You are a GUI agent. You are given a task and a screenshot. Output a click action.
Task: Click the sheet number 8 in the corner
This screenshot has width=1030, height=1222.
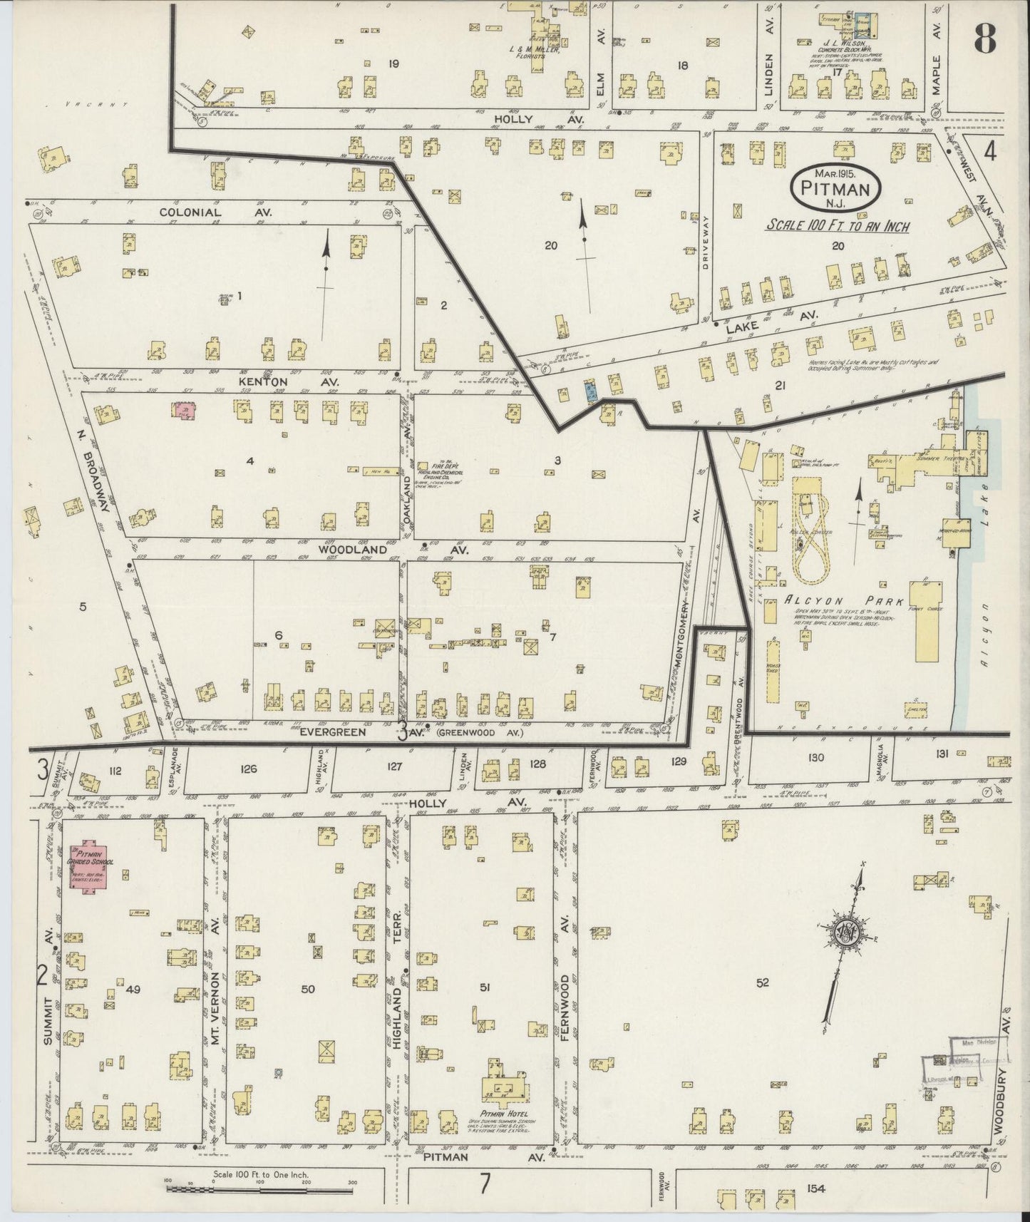pyautogui.click(x=984, y=34)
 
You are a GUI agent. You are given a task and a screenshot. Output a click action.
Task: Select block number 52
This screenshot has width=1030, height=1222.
pyautogui.click(x=763, y=982)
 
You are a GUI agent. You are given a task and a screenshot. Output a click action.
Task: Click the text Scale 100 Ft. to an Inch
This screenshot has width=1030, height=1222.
pyautogui.click(x=838, y=226)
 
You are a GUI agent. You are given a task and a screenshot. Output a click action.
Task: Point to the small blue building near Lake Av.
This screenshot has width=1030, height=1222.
pyautogui.click(x=591, y=391)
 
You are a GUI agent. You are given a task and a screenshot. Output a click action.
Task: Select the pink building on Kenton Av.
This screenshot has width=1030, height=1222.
pyautogui.click(x=185, y=410)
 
